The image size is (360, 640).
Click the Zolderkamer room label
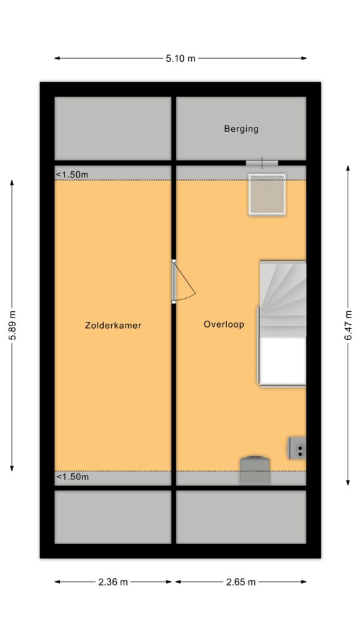pyautogui.click(x=113, y=325)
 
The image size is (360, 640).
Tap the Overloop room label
pyautogui.click(x=224, y=324)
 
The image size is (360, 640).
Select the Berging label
pyautogui.click(x=241, y=129)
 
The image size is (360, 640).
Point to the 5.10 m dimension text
pyautogui.click(x=181, y=58)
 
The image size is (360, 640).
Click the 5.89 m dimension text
pyautogui.click(x=12, y=325)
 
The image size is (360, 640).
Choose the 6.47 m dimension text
pyautogui.click(x=348, y=325)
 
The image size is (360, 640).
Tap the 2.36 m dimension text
pyautogui.click(x=113, y=582)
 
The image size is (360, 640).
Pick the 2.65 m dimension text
pyautogui.click(x=241, y=582)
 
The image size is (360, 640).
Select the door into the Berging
pyautogui.click(x=262, y=163)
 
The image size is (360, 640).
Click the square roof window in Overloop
pyautogui.click(x=267, y=194)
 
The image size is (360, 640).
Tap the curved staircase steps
pyautogui.click(x=283, y=299)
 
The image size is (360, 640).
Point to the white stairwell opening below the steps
pyautogui.click(x=283, y=362)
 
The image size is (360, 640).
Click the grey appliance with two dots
pyautogui.click(x=297, y=447)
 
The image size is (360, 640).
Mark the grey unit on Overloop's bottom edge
pyautogui.click(x=255, y=471)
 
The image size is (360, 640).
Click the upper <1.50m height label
pyautogui.click(x=72, y=175)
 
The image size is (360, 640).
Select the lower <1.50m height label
pyautogui.click(x=72, y=476)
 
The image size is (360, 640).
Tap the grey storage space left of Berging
pyautogui.click(x=113, y=128)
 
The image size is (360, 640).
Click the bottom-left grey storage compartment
pyautogui.click(x=113, y=517)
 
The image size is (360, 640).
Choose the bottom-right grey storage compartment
pyautogui.click(x=241, y=517)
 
